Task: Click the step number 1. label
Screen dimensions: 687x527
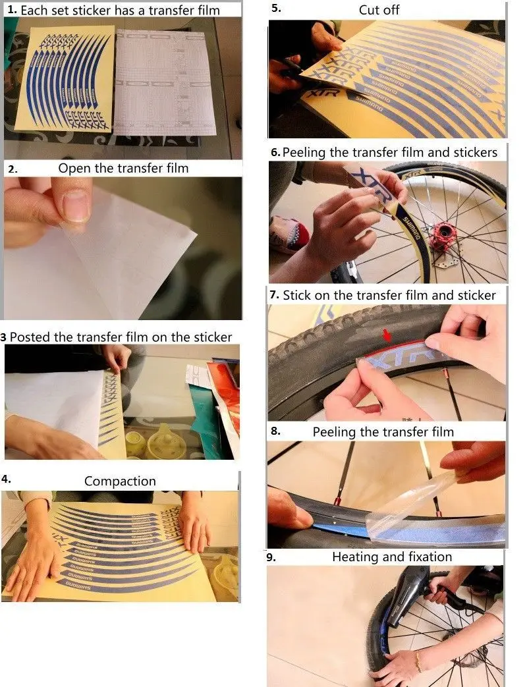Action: (x=11, y=10)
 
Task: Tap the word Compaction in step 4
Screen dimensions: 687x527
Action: (x=120, y=481)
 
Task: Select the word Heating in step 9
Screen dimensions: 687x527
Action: (x=355, y=557)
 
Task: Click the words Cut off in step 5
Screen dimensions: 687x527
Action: (x=379, y=10)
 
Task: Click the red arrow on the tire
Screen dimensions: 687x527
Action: (x=388, y=336)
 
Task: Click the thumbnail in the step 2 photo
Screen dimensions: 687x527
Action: (x=76, y=204)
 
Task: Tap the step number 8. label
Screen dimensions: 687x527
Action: (x=275, y=432)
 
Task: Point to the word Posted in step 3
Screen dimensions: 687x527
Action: (x=30, y=337)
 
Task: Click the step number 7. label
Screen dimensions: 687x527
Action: (x=275, y=295)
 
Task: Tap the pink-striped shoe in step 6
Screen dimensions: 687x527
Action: (x=291, y=234)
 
